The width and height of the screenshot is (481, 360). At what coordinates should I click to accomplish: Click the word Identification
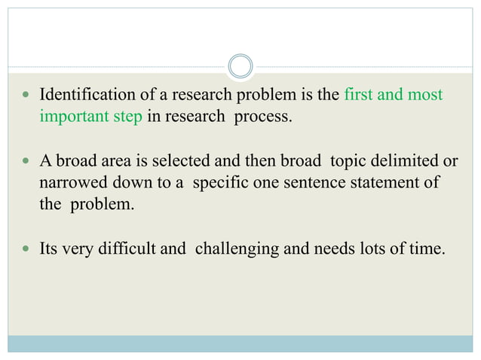pyautogui.click(x=84, y=96)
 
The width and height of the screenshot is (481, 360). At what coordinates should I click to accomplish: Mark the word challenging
pyautogui.click(x=230, y=249)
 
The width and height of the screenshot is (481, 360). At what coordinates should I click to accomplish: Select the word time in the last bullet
pyautogui.click(x=427, y=249)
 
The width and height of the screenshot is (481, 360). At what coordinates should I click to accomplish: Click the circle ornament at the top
pyautogui.click(x=240, y=66)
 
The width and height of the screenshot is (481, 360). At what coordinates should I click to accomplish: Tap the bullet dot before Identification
pyautogui.click(x=26, y=96)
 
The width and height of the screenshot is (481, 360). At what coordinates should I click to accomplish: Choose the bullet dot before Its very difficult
pyautogui.click(x=26, y=249)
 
